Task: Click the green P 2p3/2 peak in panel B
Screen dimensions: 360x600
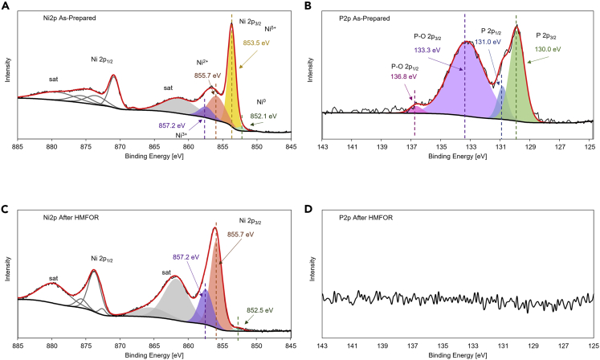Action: point(517,80)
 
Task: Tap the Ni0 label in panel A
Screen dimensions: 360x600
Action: point(260,102)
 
